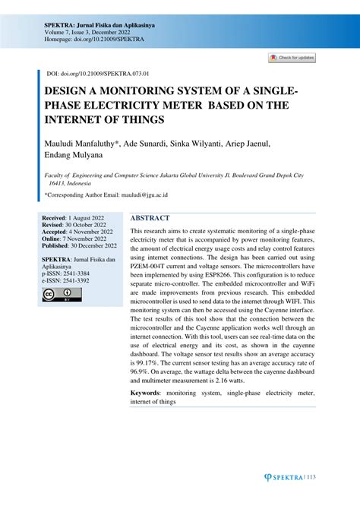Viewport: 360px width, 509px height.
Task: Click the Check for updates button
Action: tap(292, 58)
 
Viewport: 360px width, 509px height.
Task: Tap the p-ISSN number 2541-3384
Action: tap(77, 273)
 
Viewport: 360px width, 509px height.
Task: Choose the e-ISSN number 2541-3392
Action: tap(77, 280)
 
